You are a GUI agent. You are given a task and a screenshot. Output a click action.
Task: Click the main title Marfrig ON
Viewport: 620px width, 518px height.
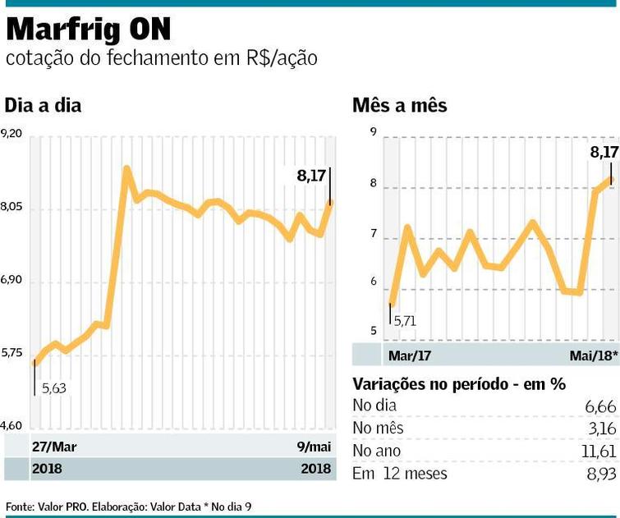89,30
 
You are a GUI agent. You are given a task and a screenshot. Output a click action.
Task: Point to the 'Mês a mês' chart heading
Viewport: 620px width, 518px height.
399,106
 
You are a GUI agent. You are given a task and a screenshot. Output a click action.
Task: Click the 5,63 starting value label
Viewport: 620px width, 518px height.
53,388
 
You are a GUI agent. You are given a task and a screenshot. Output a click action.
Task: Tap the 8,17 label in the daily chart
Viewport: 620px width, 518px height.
313,174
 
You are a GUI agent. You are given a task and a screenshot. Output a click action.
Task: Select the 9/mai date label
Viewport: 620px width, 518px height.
315,447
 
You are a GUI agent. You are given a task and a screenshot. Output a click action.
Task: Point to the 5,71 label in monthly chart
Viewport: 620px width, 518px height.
406,321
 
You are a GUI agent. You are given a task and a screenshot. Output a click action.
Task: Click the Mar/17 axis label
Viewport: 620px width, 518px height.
410,356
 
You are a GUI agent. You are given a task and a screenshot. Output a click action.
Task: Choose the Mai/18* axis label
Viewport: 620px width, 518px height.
591,356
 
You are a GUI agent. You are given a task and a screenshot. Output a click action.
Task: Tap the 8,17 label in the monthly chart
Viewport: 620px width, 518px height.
604,151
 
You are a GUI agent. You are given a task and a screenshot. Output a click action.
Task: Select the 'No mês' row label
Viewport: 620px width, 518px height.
377,428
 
